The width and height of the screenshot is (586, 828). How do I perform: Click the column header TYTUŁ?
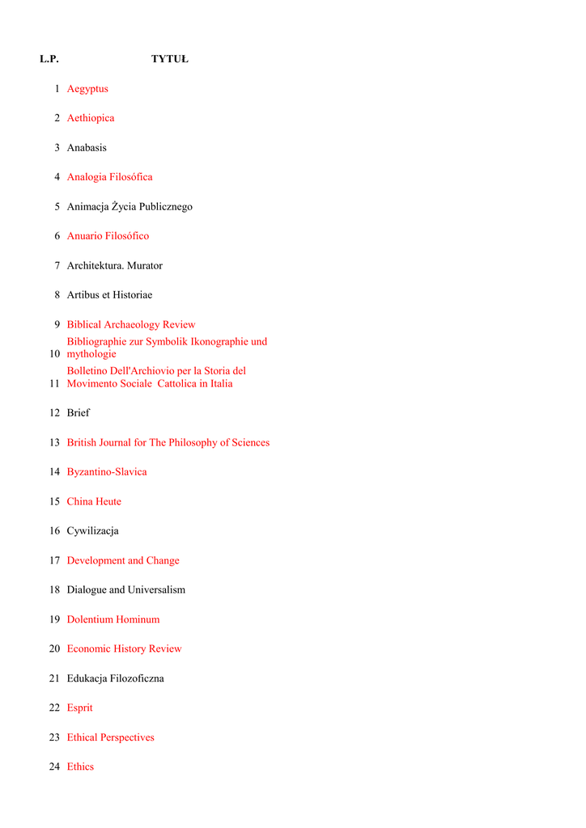pyautogui.click(x=169, y=59)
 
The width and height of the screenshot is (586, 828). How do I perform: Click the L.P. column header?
pyautogui.click(x=49, y=59)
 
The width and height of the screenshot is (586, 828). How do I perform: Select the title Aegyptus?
pyautogui.click(x=87, y=89)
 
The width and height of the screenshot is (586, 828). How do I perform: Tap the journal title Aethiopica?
pyautogui.click(x=91, y=118)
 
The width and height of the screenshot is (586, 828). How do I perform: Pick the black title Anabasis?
pyautogui.click(x=87, y=148)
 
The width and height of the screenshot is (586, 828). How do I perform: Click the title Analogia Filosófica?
pyautogui.click(x=109, y=177)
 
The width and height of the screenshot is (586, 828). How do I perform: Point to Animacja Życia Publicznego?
pyautogui.click(x=130, y=207)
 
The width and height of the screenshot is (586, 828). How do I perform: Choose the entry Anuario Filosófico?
pyautogui.click(x=108, y=236)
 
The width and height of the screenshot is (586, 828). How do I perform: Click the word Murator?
pyautogui.click(x=145, y=266)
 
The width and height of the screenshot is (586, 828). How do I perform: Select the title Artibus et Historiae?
pyautogui.click(x=109, y=295)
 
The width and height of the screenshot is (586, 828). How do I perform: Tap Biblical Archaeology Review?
pyautogui.click(x=131, y=325)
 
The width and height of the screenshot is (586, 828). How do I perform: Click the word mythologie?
pyautogui.click(x=91, y=354)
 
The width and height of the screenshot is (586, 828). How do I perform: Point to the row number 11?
pyautogui.click(x=54, y=384)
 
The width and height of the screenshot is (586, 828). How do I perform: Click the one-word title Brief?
pyautogui.click(x=79, y=413)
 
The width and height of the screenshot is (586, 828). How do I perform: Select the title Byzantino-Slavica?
pyautogui.click(x=107, y=472)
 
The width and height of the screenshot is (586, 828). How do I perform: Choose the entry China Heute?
pyautogui.click(x=94, y=502)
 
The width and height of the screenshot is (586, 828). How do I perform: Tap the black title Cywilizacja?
pyautogui.click(x=92, y=531)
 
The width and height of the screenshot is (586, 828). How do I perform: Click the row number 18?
pyautogui.click(x=54, y=590)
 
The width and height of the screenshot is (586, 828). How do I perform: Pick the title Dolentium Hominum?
pyautogui.click(x=113, y=620)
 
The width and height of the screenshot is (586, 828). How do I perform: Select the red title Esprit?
pyautogui.click(x=79, y=708)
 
